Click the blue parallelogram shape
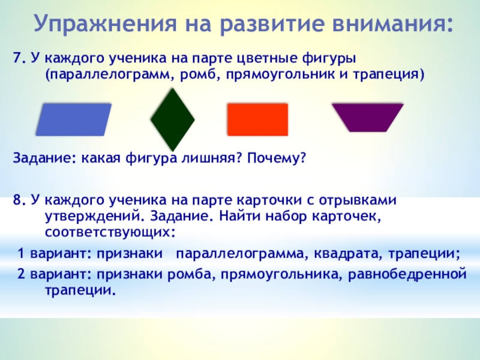(73, 119)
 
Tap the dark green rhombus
(173, 119)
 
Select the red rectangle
(257, 119)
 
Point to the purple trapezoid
(368, 118)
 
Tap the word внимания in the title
(393, 23)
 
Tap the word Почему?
(277, 158)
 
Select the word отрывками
(358, 201)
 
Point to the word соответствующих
(110, 233)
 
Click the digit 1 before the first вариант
(21, 253)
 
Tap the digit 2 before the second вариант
(21, 274)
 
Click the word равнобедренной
(407, 274)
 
